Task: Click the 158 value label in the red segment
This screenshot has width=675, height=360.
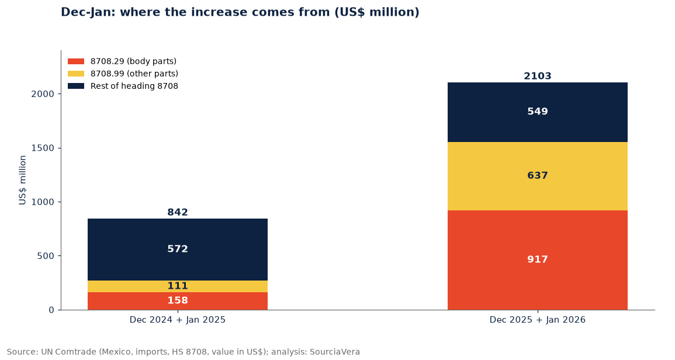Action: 177,300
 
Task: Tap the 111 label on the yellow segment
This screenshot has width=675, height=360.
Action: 177,286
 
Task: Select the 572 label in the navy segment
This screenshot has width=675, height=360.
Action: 177,249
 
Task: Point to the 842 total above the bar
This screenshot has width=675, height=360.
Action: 177,212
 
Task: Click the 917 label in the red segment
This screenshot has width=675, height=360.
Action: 537,259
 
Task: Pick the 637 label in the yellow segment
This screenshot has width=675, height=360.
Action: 537,176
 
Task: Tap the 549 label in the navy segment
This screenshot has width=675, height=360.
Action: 537,112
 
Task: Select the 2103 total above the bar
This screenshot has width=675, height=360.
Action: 537,76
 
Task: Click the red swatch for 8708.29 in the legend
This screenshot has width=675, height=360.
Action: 76,61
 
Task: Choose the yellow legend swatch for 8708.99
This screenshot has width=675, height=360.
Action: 76,74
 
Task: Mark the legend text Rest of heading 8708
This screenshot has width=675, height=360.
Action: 134,86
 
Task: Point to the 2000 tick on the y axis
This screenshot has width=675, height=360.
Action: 43,94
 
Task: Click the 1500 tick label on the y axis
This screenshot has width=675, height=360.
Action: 43,148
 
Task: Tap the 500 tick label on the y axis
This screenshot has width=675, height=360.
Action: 46,256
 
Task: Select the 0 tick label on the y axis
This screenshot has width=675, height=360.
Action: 51,310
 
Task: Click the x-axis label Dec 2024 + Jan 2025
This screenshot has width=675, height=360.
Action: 177,320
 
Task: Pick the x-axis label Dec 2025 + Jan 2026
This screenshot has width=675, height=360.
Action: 537,320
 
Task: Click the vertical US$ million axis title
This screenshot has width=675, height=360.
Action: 22,180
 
